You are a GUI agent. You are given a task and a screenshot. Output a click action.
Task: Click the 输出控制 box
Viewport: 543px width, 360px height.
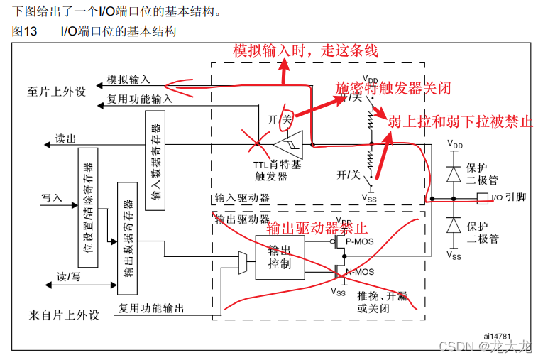point(280,256)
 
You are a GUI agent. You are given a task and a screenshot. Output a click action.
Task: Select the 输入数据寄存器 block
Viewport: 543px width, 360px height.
point(156,160)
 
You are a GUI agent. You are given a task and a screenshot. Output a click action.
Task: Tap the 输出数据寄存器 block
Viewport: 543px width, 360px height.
point(128,236)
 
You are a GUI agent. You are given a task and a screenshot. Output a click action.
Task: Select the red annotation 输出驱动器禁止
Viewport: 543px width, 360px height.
point(317,228)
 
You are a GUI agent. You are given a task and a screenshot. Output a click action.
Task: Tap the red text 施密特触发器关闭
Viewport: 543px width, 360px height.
point(393,87)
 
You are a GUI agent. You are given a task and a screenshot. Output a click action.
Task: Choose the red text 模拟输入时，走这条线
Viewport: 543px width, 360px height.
point(306,50)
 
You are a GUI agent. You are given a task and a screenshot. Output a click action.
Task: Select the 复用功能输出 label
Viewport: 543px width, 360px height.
point(151,308)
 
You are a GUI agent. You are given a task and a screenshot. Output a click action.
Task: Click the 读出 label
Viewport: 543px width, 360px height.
point(65,140)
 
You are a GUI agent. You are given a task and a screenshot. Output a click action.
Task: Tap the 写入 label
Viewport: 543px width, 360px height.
point(53,197)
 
